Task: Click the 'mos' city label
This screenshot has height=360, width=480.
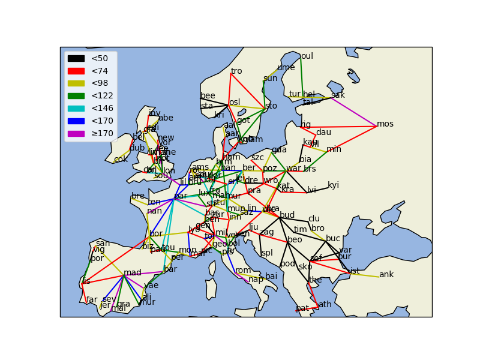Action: click(385, 124)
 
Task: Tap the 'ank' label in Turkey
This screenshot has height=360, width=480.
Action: click(386, 275)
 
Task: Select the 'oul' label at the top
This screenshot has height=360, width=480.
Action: click(307, 56)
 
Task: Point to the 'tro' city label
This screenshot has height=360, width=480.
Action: click(236, 71)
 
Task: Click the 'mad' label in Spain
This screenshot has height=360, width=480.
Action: click(133, 273)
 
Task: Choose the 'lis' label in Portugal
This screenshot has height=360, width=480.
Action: click(86, 281)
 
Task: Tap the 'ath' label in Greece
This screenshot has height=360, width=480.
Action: click(325, 305)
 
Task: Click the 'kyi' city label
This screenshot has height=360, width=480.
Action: click(333, 185)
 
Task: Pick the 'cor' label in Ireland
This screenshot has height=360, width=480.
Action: click(121, 160)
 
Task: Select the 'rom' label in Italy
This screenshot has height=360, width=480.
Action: click(243, 271)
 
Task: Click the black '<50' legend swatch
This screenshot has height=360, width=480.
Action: click(76, 58)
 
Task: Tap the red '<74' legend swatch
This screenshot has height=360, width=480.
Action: click(76, 71)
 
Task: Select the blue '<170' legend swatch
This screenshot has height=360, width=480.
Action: click(76, 121)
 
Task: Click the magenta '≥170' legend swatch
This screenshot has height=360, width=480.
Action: click(76, 133)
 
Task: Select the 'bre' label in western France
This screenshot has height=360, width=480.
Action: click(138, 196)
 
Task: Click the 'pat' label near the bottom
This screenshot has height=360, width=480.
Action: click(302, 308)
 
